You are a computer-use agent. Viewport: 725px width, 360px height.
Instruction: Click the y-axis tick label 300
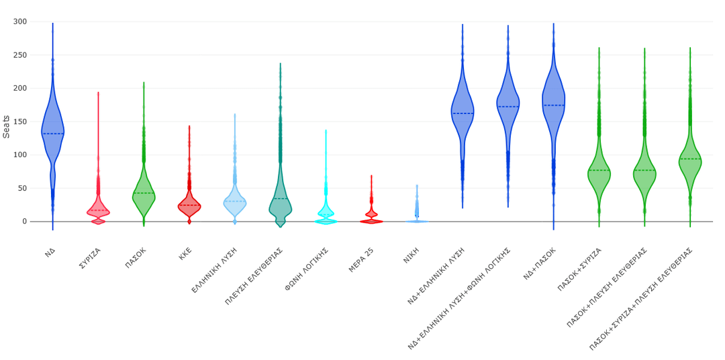click(19, 21)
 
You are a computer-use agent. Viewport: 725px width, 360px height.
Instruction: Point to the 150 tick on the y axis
click(19, 122)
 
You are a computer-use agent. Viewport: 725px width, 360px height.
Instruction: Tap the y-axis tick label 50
click(22, 188)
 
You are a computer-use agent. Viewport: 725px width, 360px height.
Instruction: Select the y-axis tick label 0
click(24, 222)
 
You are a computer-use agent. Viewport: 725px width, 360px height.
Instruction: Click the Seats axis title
click(7, 126)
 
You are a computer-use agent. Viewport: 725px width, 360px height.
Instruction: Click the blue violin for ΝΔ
click(52, 128)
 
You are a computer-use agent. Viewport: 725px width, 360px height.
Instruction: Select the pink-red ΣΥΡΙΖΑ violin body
click(98, 212)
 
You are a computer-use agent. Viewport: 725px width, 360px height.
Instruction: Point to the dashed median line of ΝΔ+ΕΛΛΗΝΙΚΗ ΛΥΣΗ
click(463, 114)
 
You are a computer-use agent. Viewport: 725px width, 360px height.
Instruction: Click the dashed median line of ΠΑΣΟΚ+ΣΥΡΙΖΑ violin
click(599, 171)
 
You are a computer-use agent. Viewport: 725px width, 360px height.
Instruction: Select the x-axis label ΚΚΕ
click(185, 253)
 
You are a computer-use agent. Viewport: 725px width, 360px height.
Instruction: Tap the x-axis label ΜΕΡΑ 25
click(361, 259)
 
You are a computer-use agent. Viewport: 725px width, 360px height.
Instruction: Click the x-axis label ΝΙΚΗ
click(411, 255)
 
